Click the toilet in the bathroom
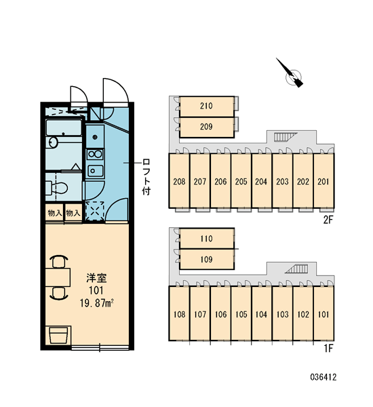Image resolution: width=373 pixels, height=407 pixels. coord(56,188)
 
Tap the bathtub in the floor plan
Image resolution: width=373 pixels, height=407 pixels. coord(64,128)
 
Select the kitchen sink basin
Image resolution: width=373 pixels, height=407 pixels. coord(95,171)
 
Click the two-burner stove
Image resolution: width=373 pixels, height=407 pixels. coord(95,155)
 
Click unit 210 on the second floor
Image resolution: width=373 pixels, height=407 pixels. coord(207,106)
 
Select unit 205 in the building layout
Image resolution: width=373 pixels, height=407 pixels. coord(241,181)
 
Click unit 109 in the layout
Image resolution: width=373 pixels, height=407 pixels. coord(207,259)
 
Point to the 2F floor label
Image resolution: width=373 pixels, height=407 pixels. coord(328,220)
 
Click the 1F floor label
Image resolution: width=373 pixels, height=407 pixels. coord(328,349)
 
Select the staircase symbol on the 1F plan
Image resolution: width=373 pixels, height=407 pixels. coord(296,269)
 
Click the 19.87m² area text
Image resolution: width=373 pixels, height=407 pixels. coord(97,303)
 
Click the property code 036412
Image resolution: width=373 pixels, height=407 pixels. coord(323,376)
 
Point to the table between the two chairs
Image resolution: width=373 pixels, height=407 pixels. coord(58,277)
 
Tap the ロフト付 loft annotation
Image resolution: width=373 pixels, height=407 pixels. coord(146,177)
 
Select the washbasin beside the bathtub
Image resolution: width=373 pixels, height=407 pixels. coord(53,142)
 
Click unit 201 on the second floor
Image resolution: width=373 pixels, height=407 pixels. coord(323,181)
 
